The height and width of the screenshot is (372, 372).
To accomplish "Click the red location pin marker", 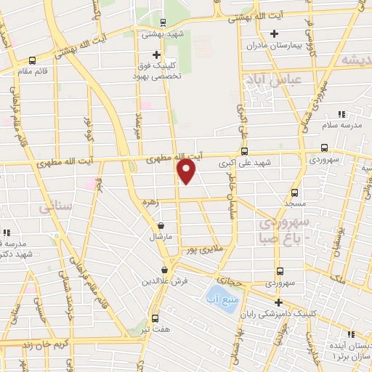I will coord(187,171).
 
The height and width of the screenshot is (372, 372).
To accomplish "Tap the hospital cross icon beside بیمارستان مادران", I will coord(274,33).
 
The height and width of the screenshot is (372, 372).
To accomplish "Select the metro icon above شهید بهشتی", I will coord(162,22).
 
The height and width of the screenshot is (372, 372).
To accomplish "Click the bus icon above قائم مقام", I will coord(32,61).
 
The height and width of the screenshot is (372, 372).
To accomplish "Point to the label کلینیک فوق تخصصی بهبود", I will coord(156,70).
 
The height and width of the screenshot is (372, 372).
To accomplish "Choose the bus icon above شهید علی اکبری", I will coord(243,152).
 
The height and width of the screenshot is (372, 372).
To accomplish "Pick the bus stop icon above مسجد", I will coord(294,193).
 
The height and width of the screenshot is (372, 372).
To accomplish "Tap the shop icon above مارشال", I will coord(159,226).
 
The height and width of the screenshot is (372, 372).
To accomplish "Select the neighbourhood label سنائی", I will coord(41,208).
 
